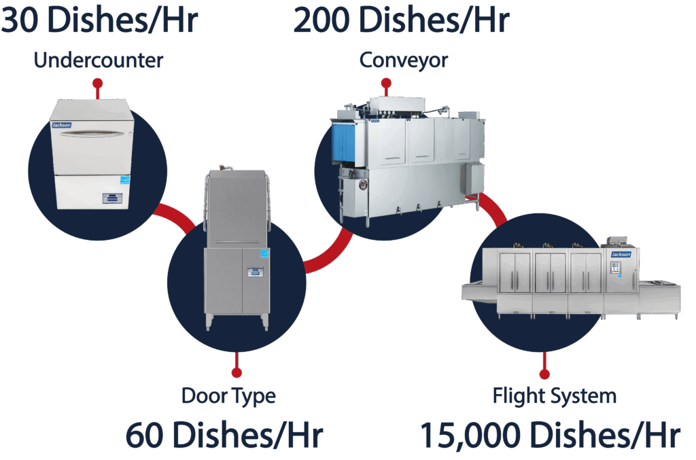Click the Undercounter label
(99, 60)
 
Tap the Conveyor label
(404, 60)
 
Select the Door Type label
(228, 396)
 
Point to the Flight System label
(555, 396)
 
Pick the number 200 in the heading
(321, 20)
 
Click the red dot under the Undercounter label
(98, 84)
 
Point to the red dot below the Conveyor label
(386, 83)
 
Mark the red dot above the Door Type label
(237, 372)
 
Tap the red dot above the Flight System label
(544, 374)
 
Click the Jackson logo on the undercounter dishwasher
(62, 125)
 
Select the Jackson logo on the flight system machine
(621, 254)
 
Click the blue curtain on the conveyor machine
(344, 143)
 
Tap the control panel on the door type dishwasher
(256, 272)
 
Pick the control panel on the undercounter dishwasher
(111, 198)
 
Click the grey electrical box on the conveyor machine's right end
(474, 178)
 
